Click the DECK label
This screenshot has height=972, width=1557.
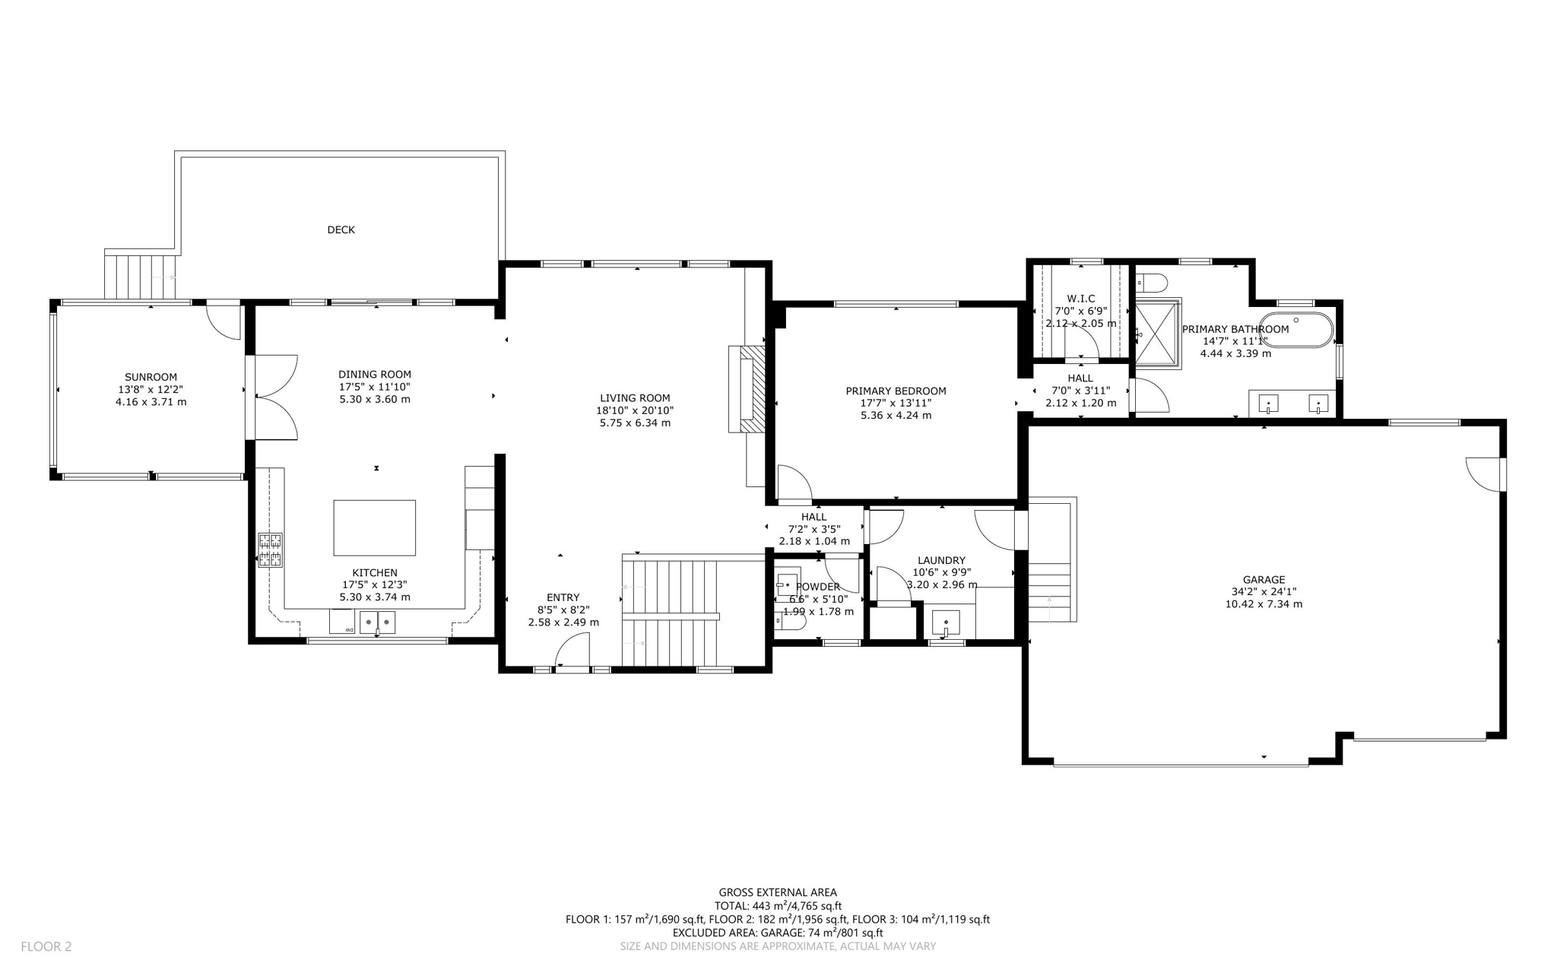coord(341,230)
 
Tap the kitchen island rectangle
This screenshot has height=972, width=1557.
coord(374,527)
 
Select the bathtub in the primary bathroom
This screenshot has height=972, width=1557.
coord(1296,330)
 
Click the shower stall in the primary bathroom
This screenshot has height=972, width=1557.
coord(1157,333)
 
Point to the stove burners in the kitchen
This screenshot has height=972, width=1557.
coord(270,550)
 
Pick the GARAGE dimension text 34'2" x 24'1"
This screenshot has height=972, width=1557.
coord(1264,592)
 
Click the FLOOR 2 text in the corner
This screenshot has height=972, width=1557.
coord(46,946)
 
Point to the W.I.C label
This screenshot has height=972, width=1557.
coord(1080,299)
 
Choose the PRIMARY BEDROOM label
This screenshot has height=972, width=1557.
coord(896,391)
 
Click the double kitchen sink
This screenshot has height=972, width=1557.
coord(377,622)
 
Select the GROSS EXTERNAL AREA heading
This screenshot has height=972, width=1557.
coord(778,893)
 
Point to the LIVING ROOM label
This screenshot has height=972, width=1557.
coord(635,397)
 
